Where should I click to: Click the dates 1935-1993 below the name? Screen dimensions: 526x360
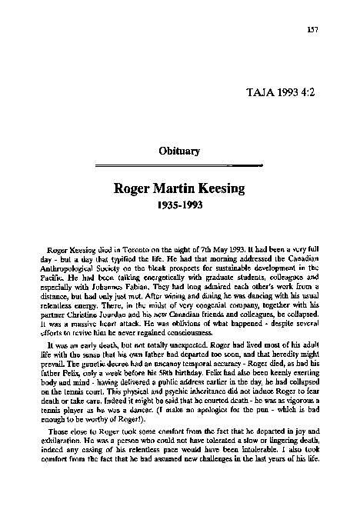pos(178,205)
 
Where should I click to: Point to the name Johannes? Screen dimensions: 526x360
pos(113,291)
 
